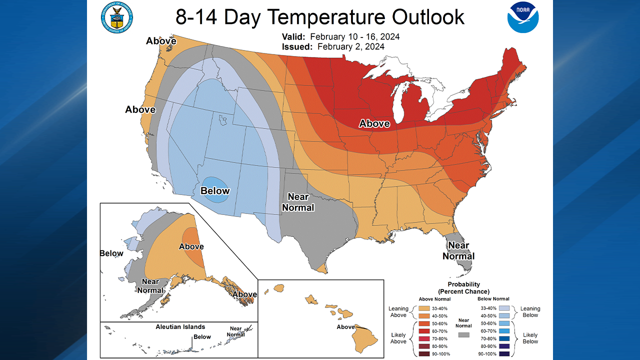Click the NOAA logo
[x=523, y=17]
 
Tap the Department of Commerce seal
[x=117, y=17]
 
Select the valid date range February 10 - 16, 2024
[x=354, y=37]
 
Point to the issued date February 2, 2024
[x=350, y=46]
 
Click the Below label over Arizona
[x=215, y=190]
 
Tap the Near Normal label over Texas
[x=298, y=202]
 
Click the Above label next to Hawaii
[x=345, y=327]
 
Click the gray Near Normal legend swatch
[x=463, y=334]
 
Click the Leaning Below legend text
[x=530, y=312]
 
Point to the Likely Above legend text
[x=398, y=338]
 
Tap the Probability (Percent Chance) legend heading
[x=463, y=288]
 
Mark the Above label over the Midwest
[x=374, y=123]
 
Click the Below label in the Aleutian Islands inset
[x=202, y=337]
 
